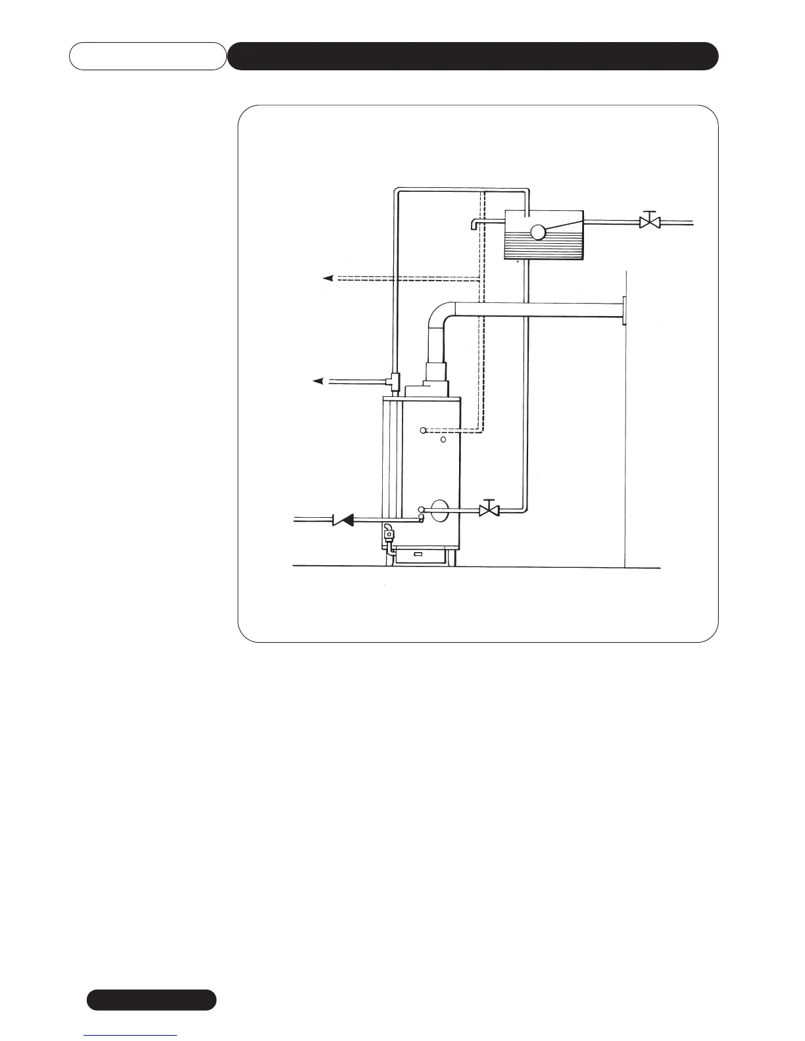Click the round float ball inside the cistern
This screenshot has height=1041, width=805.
(538, 231)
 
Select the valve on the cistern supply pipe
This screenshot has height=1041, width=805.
(650, 222)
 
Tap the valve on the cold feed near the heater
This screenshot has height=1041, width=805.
(489, 509)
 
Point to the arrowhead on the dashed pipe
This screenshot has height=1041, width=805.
(328, 278)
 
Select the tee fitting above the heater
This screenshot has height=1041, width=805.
(396, 379)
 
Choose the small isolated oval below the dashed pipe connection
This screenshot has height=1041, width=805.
(443, 439)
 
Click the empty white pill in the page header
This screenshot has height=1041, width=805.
(147, 56)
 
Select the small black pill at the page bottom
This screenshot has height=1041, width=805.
(151, 1000)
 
